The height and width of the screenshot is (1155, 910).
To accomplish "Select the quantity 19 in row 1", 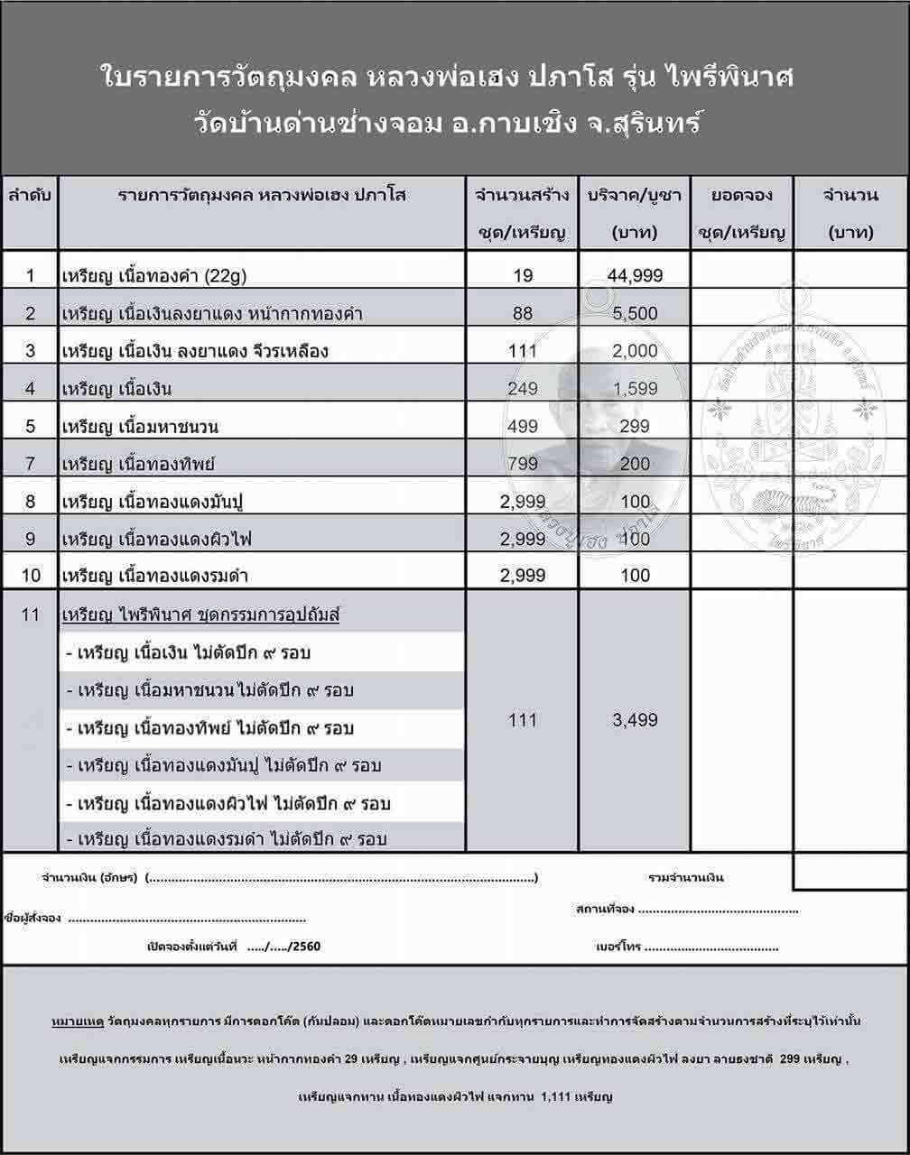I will tap(523, 276).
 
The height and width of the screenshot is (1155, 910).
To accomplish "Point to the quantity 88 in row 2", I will tap(523, 314).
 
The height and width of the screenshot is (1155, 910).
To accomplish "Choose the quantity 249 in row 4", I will tap(523, 389).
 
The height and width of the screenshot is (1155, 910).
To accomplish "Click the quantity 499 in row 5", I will tap(523, 427).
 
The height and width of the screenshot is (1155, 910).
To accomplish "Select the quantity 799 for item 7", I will tap(523, 465).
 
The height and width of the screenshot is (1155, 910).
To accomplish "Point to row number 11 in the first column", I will tap(31, 615).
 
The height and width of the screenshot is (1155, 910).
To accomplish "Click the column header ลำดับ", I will tap(31, 195).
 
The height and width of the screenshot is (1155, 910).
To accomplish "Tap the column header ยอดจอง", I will tap(742, 195).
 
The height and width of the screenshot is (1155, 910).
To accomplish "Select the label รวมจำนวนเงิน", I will tap(686, 877).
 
